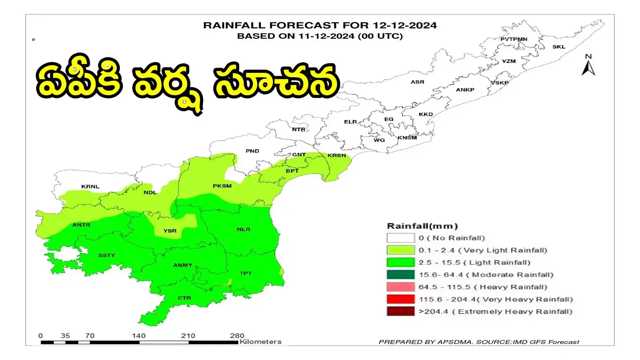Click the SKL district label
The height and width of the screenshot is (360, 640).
559,47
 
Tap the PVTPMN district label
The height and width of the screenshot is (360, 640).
514,39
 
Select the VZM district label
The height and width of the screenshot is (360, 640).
509,61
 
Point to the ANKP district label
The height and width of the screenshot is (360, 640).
465,90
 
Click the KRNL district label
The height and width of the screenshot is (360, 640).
90,186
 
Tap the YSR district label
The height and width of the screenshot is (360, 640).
170,231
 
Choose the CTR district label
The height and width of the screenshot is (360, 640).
184,298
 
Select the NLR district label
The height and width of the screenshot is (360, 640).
243,229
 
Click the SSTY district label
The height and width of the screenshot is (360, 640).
106,255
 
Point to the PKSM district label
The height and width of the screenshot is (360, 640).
222,186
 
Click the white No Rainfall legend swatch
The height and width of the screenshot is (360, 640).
400,238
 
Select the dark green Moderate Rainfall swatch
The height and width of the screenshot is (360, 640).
400,275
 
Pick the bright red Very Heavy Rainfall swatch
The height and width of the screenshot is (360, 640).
400,299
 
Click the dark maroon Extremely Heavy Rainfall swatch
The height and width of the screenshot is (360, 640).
400,312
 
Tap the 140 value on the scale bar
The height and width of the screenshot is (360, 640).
139,336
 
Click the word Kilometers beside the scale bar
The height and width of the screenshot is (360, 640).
260,342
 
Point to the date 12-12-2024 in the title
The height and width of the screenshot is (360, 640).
405,25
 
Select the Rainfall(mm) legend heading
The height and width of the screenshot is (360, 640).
422,226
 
